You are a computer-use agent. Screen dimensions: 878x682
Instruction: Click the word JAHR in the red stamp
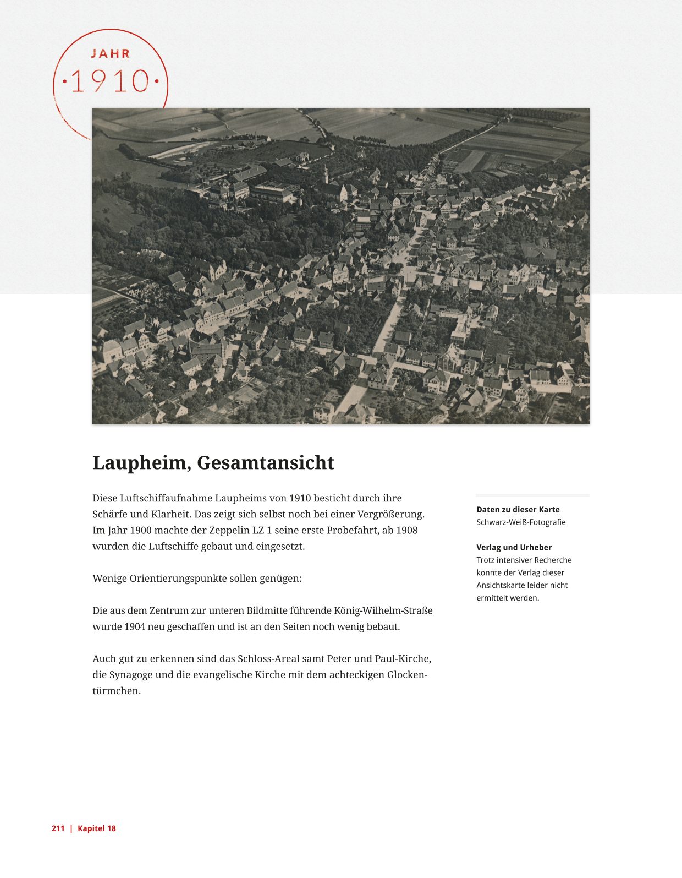pyautogui.click(x=111, y=53)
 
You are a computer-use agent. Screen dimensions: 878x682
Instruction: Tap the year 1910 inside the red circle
pyautogui.click(x=111, y=81)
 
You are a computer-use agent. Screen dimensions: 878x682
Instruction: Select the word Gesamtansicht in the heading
pyautogui.click(x=266, y=463)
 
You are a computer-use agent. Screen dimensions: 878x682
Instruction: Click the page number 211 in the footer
pyautogui.click(x=58, y=828)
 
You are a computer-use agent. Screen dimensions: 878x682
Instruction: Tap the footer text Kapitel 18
pyautogui.click(x=97, y=828)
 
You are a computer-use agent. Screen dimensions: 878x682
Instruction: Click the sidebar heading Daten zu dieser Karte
pyautogui.click(x=518, y=510)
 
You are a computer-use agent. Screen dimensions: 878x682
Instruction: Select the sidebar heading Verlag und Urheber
pyautogui.click(x=514, y=547)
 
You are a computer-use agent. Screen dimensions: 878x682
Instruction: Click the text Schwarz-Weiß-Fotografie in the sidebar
pyautogui.click(x=521, y=522)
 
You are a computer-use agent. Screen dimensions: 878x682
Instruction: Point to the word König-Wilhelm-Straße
pyautogui.click(x=383, y=610)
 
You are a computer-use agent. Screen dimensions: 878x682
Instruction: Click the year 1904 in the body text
pyautogui.click(x=134, y=626)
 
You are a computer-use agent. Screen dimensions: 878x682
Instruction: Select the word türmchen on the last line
pyautogui.click(x=117, y=691)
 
